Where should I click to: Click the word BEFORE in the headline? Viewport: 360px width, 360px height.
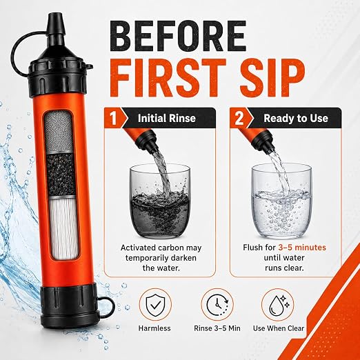tap(180, 37)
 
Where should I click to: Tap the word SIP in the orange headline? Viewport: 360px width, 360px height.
tap(267, 77)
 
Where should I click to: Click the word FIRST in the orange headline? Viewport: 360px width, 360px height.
tap(168, 77)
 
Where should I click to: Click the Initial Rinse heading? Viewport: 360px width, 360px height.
tap(167, 118)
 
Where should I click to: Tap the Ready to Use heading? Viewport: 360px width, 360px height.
tap(296, 118)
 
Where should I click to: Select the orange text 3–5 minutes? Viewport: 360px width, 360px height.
tap(302, 248)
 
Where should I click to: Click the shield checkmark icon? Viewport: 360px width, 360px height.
tap(155, 305)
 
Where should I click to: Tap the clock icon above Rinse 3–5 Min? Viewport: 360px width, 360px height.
tap(217, 305)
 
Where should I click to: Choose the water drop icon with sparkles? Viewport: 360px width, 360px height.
tap(278, 305)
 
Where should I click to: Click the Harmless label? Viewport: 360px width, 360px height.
tap(154, 328)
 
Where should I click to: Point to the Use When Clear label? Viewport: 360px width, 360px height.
tap(279, 328)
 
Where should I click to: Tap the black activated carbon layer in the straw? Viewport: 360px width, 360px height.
tap(61, 174)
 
